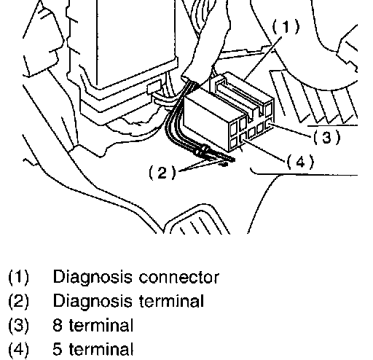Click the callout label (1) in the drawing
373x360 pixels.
click(286, 26)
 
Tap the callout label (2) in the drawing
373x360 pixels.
click(162, 172)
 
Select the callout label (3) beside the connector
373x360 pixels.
click(327, 137)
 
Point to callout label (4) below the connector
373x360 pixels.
click(300, 162)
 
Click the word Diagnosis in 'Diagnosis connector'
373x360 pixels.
click(93, 278)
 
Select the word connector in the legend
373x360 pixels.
click(179, 278)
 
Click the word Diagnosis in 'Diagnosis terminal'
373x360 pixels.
click(93, 301)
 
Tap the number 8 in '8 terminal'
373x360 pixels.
click(58, 325)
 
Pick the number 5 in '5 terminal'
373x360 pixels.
click(58, 349)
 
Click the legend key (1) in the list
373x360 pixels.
click(18, 278)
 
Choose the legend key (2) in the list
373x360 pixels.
click(18, 301)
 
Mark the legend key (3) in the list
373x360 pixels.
click(18, 325)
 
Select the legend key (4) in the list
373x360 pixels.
click(18, 349)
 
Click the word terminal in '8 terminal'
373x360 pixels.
click(101, 325)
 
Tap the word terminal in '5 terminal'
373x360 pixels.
click(101, 349)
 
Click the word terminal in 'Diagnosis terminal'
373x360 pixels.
click(171, 301)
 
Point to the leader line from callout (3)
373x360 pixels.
click(290, 130)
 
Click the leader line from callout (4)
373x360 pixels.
click(264, 150)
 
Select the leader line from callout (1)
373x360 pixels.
click(263, 58)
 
